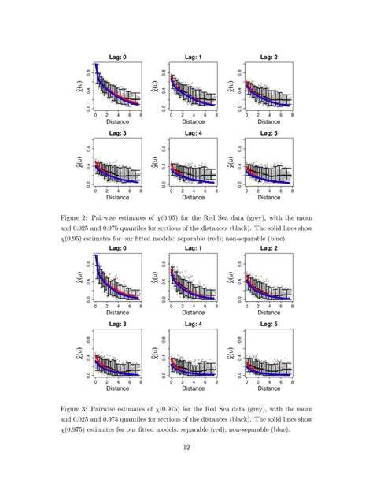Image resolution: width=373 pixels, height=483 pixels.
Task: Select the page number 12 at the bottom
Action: (x=186, y=448)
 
